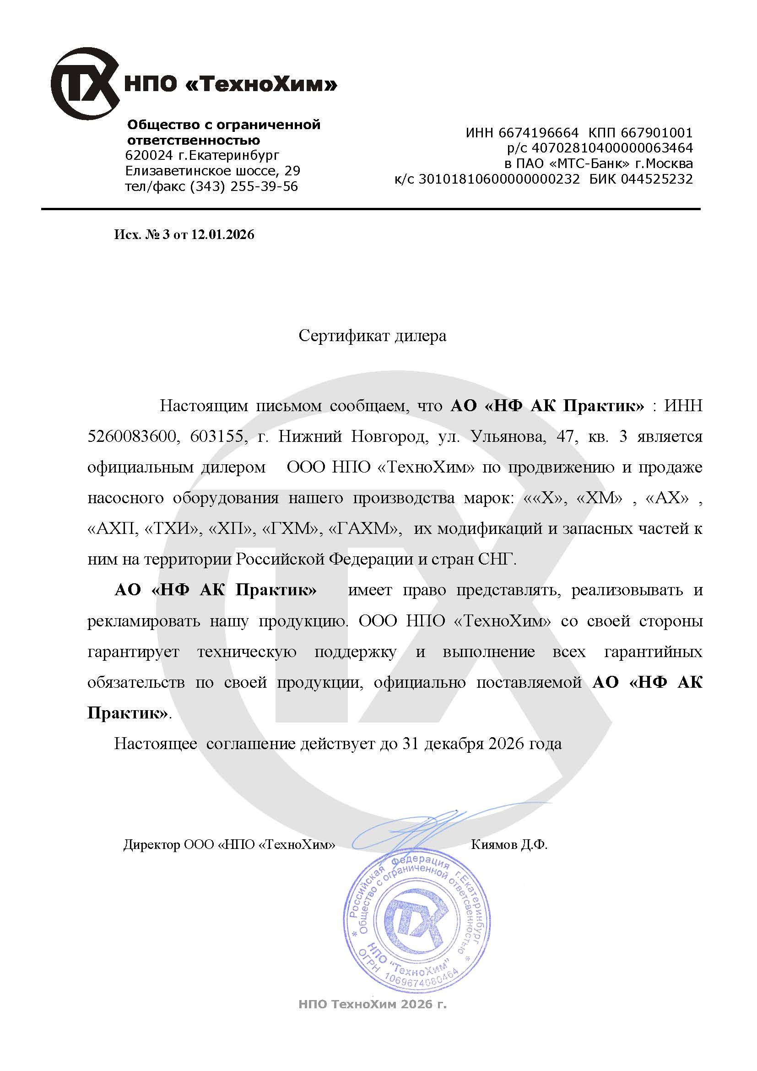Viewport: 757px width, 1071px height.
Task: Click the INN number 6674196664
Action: pyautogui.click(x=538, y=133)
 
